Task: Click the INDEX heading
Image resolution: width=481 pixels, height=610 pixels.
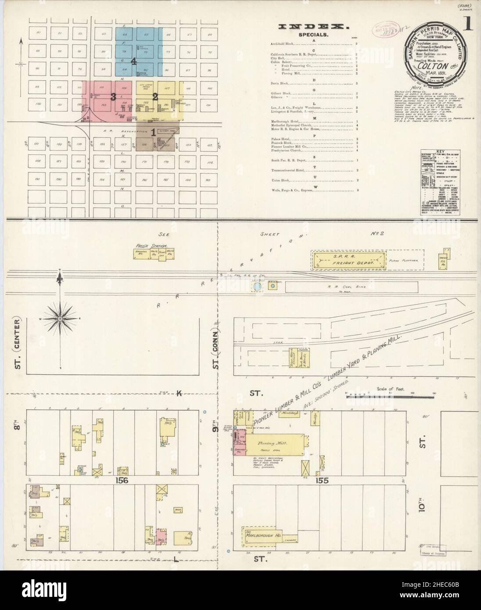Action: (x=314, y=27)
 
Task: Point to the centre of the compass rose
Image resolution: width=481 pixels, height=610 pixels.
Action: (x=60, y=317)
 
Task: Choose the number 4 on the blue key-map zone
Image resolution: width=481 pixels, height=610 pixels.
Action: (x=134, y=62)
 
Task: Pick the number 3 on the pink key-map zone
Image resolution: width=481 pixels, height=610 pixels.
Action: (x=113, y=97)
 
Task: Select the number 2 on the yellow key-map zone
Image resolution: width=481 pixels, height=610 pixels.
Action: (x=155, y=97)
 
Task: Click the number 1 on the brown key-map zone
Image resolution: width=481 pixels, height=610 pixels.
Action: (x=153, y=132)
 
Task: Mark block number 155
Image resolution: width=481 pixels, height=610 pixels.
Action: (x=320, y=481)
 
